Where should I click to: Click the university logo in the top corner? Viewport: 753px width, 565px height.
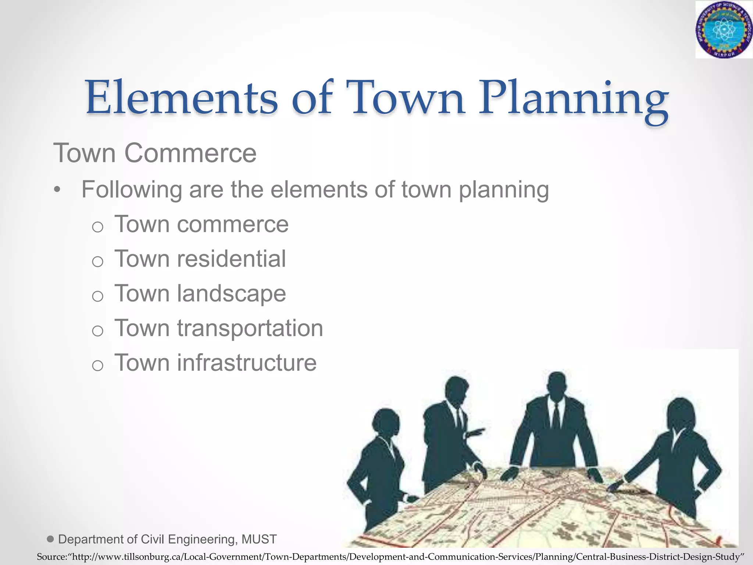[723, 29]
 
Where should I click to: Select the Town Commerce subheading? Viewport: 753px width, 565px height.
[155, 153]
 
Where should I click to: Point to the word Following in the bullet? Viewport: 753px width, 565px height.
[132, 190]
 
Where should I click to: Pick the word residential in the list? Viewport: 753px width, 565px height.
[231, 259]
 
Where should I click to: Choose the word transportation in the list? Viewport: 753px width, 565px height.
[250, 328]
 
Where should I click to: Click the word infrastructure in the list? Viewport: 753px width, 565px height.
[247, 363]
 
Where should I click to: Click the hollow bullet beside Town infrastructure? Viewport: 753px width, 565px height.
[97, 366]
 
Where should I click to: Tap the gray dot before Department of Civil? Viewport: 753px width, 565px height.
[51, 539]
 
